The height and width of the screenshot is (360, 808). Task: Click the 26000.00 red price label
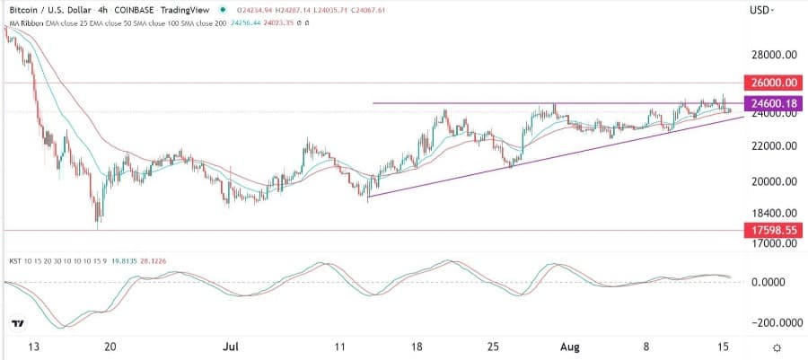point(772,83)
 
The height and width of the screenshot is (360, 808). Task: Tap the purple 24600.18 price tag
point(772,104)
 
